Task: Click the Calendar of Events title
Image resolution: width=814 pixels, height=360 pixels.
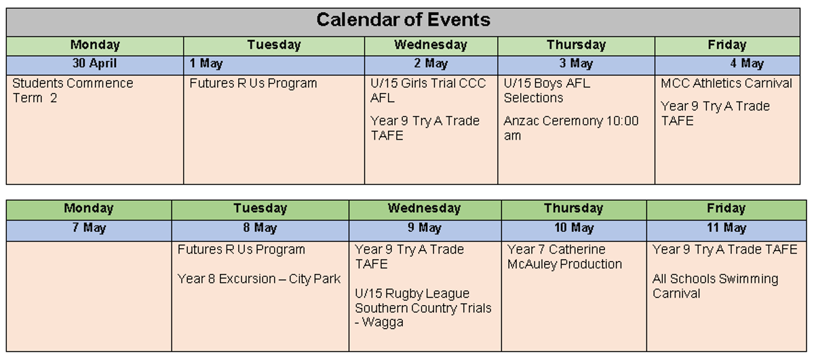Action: pyautogui.click(x=403, y=20)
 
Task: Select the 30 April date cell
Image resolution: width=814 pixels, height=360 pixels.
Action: pyautogui.click(x=94, y=63)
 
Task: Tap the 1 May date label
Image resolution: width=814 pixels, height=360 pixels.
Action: pyautogui.click(x=206, y=63)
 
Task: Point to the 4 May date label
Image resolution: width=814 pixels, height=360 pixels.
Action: pyautogui.click(x=747, y=63)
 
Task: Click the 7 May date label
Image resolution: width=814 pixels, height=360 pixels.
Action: pyautogui.click(x=89, y=228)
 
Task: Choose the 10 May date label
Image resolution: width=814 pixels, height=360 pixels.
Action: pyautogui.click(x=574, y=228)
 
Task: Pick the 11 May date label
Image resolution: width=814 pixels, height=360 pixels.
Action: pyautogui.click(x=726, y=228)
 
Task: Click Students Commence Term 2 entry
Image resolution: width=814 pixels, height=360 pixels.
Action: pyautogui.click(x=73, y=90)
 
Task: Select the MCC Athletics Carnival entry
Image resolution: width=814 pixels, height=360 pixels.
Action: pyautogui.click(x=726, y=83)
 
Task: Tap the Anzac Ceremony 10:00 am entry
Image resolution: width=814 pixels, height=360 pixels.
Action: pyautogui.click(x=571, y=128)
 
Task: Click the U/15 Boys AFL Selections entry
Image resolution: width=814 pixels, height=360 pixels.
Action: pyautogui.click(x=547, y=90)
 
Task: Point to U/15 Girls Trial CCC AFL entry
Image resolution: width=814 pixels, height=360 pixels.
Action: pyautogui.click(x=428, y=90)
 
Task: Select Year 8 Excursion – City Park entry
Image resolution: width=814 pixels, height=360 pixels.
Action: pyautogui.click(x=258, y=279)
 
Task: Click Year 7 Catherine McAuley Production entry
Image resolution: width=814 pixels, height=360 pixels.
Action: pyautogui.click(x=564, y=256)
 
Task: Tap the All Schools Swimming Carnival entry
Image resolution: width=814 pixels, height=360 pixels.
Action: pyautogui.click(x=715, y=286)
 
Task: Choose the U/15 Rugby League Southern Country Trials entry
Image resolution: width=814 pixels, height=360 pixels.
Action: pyautogui.click(x=423, y=308)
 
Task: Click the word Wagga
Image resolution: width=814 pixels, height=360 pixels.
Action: pyautogui.click(x=383, y=323)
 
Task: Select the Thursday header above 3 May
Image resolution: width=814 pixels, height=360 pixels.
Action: pyautogui.click(x=577, y=45)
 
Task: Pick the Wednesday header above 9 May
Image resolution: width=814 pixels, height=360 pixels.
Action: pyautogui.click(x=424, y=208)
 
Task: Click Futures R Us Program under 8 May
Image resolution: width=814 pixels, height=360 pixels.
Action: pyautogui.click(x=241, y=249)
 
